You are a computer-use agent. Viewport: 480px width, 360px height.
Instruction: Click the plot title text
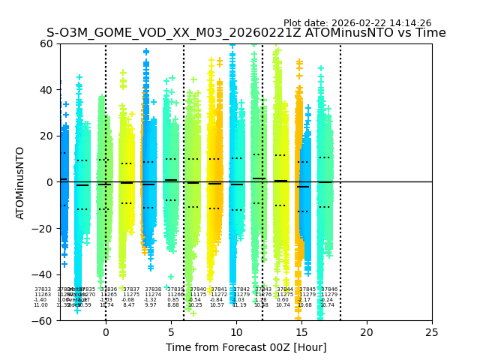(x=246, y=33)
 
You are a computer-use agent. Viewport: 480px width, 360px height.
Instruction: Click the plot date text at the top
(x=357, y=23)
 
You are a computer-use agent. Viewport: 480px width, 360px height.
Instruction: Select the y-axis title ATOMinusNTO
(x=20, y=182)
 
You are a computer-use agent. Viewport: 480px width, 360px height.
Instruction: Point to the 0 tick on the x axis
(x=106, y=331)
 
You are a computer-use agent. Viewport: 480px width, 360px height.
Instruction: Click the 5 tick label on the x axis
(x=171, y=331)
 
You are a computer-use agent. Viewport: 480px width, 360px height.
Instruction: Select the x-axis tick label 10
(x=236, y=331)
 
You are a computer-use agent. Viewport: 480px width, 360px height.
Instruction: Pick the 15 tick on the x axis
(x=301, y=331)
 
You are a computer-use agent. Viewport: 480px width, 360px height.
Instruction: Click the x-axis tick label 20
(x=367, y=331)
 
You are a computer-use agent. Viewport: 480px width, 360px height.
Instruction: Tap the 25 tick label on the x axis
(x=432, y=331)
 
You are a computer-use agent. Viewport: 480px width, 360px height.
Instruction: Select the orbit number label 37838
(x=153, y=289)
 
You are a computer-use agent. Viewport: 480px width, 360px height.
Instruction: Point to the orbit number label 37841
(x=218, y=289)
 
